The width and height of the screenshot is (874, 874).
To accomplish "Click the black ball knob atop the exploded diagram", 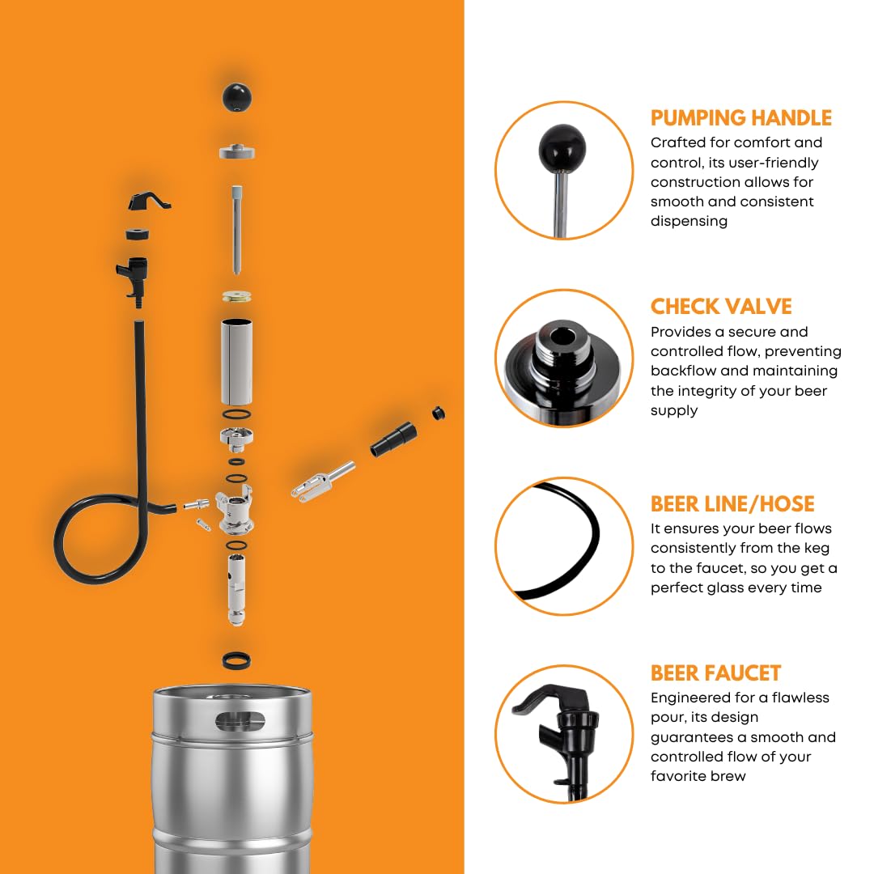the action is tap(237, 98).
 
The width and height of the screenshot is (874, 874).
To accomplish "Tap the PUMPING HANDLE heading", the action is tap(740, 117).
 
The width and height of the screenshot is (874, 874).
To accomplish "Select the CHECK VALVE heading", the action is tap(721, 306).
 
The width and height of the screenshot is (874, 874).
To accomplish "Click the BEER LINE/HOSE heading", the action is tap(732, 503).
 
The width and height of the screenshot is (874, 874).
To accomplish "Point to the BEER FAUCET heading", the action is tap(715, 672).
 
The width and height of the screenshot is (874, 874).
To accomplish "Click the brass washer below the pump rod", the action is tap(237, 296).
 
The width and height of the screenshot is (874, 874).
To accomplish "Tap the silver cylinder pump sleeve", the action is tap(237, 361).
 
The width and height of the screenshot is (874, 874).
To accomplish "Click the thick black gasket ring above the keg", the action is tap(236, 660).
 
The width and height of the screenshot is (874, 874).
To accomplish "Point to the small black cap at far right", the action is tap(439, 413).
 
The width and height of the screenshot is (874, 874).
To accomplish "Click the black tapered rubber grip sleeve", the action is tap(393, 439).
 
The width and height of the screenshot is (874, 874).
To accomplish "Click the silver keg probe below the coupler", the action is tap(237, 590).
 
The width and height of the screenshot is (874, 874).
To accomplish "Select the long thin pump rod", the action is tap(237, 230).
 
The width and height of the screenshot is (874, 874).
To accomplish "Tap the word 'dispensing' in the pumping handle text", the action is tap(689, 221).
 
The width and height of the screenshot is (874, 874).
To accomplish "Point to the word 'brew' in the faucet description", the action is tap(728, 776).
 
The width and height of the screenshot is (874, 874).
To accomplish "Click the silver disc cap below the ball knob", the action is tap(237, 151).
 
